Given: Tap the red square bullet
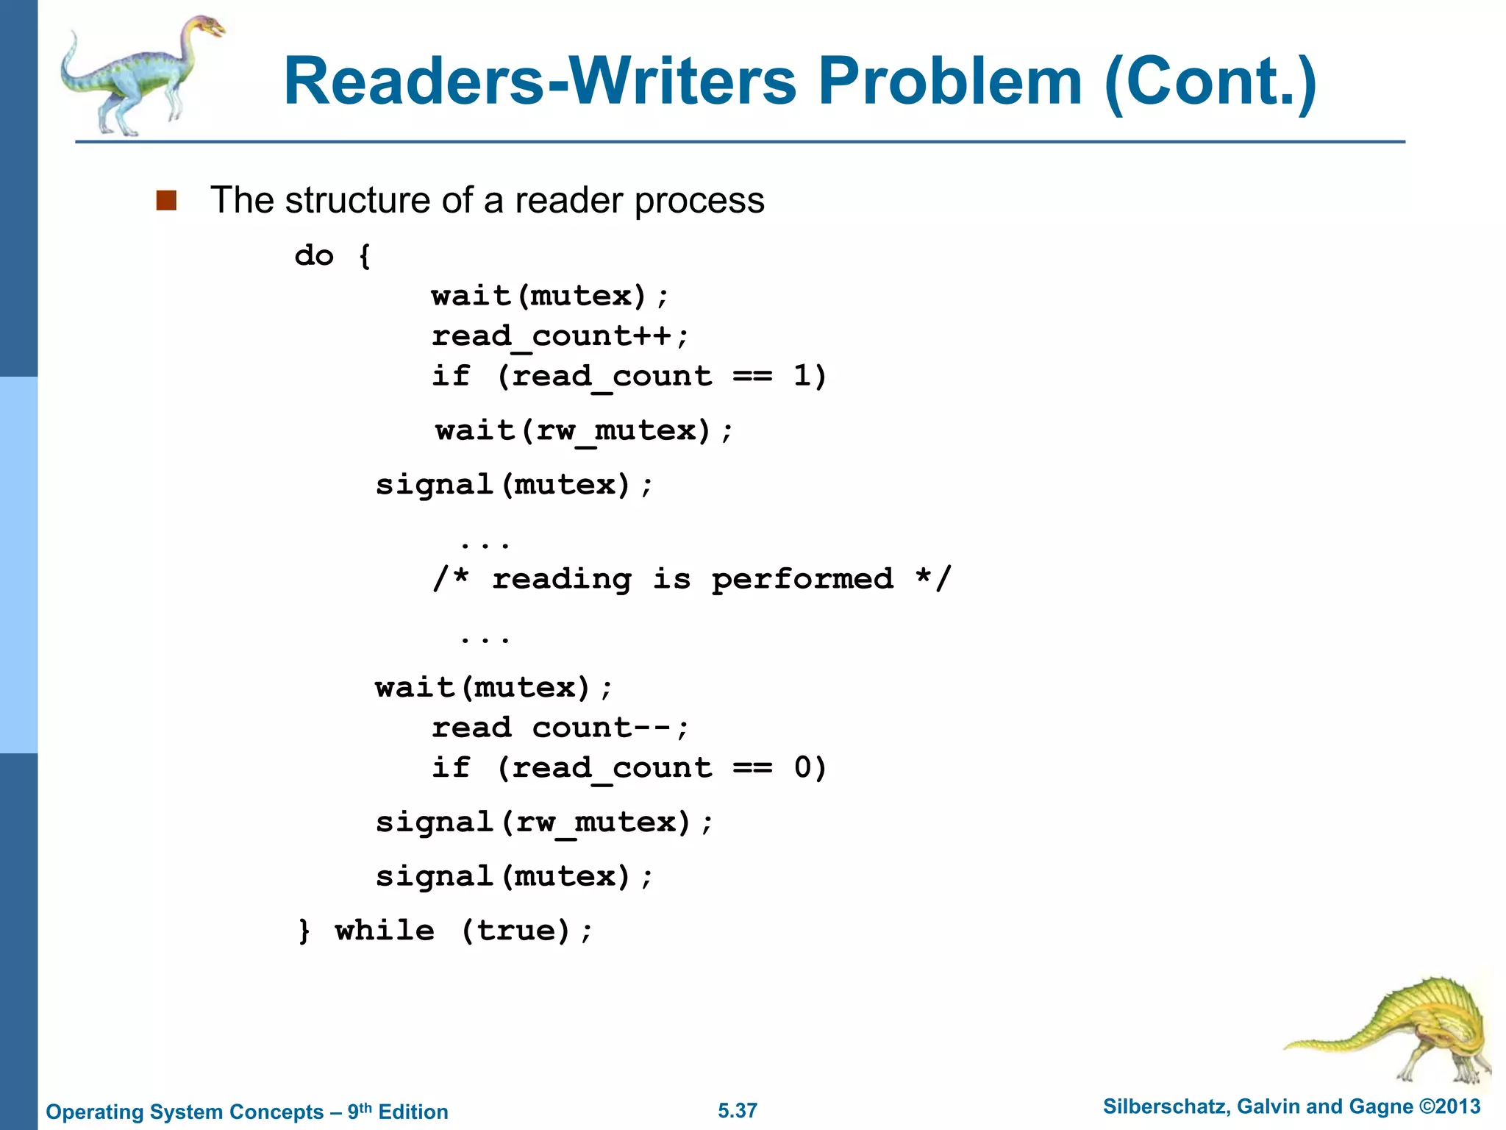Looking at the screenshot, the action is point(166,201).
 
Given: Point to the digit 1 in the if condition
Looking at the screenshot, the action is point(802,376).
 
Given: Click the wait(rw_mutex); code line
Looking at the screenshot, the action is point(584,430).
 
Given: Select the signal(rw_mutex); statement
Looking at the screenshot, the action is point(544,822).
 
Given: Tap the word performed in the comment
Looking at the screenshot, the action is point(802,580).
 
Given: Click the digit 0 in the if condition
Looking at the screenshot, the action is point(803,768).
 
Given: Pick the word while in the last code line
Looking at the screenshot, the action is point(385,931).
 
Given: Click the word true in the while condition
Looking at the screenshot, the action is point(523,931).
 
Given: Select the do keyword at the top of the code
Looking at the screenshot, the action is point(314,256).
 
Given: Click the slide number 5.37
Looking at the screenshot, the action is point(738,1111).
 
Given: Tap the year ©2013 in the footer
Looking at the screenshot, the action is point(1449,1106).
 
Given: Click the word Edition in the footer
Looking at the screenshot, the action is point(413,1112).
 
